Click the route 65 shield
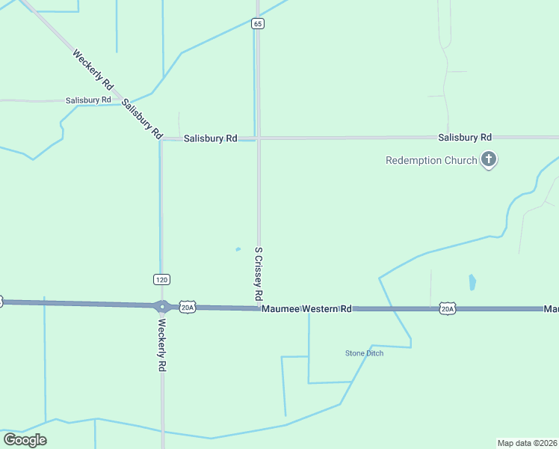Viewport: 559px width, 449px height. tap(258, 24)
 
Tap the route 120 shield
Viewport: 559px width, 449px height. tap(161, 279)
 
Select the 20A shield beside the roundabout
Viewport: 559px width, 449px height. tap(187, 307)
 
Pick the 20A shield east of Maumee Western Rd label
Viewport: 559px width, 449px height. tap(447, 308)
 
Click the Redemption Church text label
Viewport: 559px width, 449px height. tap(431, 160)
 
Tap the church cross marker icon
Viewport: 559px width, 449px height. tap(489, 159)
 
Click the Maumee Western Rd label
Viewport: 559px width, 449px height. tap(306, 308)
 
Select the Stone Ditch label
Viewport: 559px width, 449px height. tap(364, 353)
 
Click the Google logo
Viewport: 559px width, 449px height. tap(25, 440)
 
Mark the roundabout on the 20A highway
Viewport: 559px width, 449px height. tap(162, 306)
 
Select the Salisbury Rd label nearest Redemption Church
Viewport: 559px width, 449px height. tap(465, 138)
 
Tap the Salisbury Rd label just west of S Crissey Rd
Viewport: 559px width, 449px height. tap(211, 138)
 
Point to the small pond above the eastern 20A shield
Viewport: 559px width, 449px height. tap(472, 282)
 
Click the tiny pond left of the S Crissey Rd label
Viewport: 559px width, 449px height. tap(238, 249)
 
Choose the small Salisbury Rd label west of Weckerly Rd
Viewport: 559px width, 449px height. tap(88, 100)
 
